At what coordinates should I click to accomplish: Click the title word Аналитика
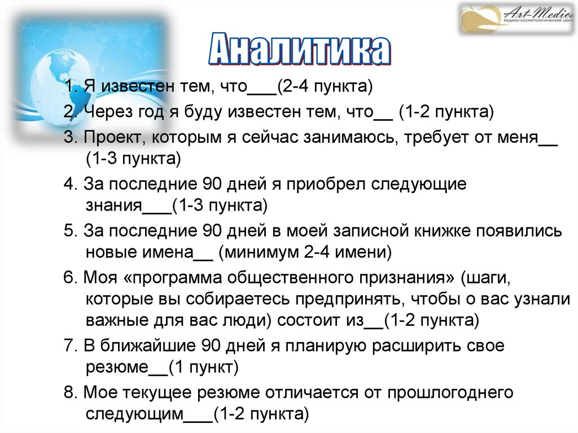tap(299, 51)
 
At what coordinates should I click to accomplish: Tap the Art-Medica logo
tap(516, 19)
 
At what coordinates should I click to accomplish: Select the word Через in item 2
tap(103, 112)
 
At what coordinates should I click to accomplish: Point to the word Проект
tap(108, 137)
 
